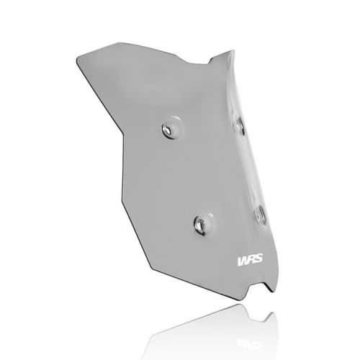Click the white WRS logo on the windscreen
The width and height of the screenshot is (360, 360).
point(250,261)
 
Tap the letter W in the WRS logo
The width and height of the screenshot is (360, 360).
point(243,261)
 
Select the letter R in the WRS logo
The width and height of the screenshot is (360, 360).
point(251,261)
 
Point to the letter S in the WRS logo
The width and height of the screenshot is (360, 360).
point(258,260)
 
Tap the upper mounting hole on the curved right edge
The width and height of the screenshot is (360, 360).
point(239,125)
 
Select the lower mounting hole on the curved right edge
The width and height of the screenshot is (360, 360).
point(259,215)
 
